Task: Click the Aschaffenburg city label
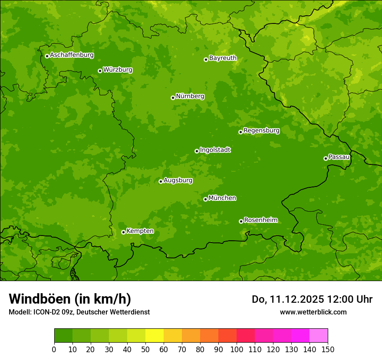pos(72,55)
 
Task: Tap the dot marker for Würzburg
pos(100,71)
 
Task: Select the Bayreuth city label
pos(223,58)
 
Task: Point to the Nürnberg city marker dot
pos(173,98)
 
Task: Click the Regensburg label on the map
pos(261,131)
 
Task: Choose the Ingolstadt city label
pos(215,150)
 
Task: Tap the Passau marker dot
pos(326,158)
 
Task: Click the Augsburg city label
pos(178,180)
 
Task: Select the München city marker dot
pos(205,199)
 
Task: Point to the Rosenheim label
pos(260,220)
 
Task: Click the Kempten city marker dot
pos(123,232)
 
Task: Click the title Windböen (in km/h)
pos(70,299)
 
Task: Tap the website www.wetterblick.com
pos(313,312)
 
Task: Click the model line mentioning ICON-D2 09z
pos(79,312)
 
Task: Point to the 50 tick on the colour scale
pos(145,349)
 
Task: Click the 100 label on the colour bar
pos(237,349)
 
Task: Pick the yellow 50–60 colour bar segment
pos(155,336)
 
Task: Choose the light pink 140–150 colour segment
pos(319,336)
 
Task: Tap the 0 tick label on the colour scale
pos(54,349)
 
